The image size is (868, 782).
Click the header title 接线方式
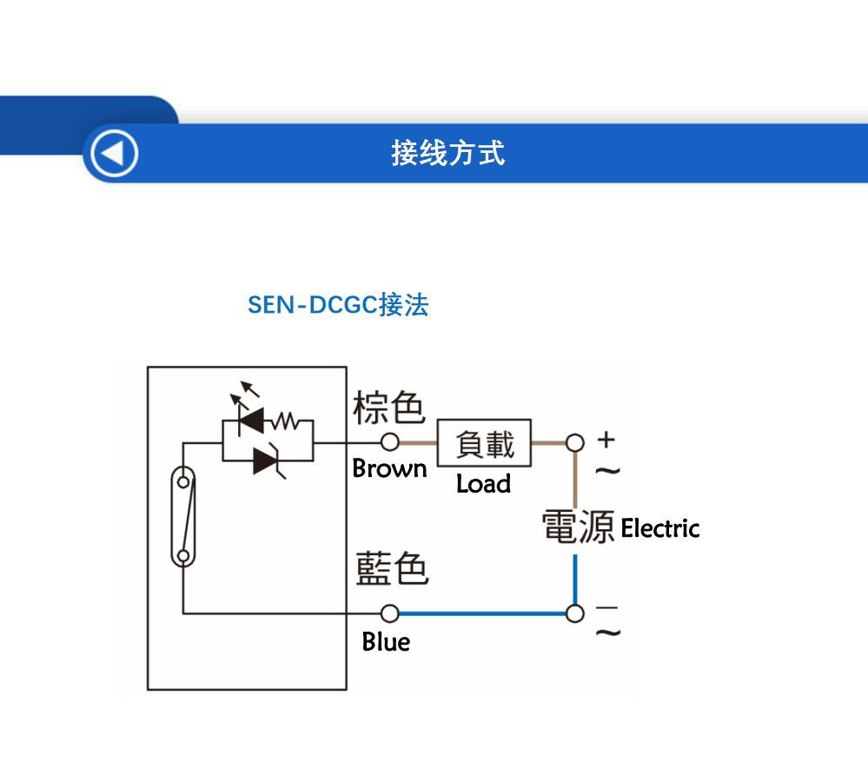[447, 153]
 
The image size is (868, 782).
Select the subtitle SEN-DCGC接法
[338, 305]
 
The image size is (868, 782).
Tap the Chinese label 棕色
[388, 407]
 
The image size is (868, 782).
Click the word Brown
[389, 468]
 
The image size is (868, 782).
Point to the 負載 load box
[484, 443]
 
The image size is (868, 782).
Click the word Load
[483, 484]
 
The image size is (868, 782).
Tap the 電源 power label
[578, 527]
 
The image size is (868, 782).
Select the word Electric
[659, 528]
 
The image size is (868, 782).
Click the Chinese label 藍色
[392, 569]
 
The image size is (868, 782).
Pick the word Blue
[386, 642]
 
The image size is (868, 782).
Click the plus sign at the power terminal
[606, 440]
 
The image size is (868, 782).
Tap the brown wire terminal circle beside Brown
[391, 443]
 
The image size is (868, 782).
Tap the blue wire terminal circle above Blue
[391, 613]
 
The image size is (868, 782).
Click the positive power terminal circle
[574, 443]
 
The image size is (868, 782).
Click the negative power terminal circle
[574, 613]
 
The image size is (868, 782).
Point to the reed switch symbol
[183, 518]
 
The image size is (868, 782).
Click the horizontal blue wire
[482, 613]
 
